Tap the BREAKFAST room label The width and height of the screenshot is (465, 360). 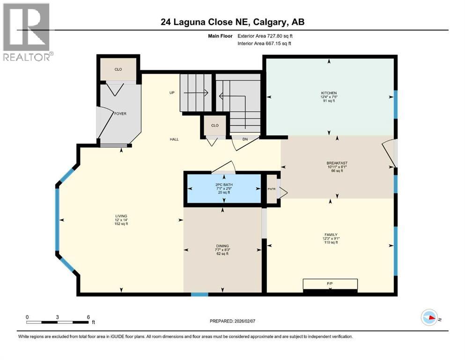337,164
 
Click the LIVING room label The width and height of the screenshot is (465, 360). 121,216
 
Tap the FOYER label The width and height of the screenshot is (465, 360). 121,113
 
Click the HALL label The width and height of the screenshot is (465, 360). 174,139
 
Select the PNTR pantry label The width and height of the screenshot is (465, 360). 271,189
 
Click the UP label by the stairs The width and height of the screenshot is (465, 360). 172,93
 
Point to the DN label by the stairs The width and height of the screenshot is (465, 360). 244,139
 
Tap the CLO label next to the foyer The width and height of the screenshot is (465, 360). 118,69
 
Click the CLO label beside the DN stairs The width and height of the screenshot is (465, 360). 215,126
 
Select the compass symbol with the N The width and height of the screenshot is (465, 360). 429,317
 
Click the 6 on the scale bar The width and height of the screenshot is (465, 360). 88,317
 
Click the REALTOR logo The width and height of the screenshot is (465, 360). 27,32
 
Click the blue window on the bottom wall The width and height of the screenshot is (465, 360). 199,294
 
